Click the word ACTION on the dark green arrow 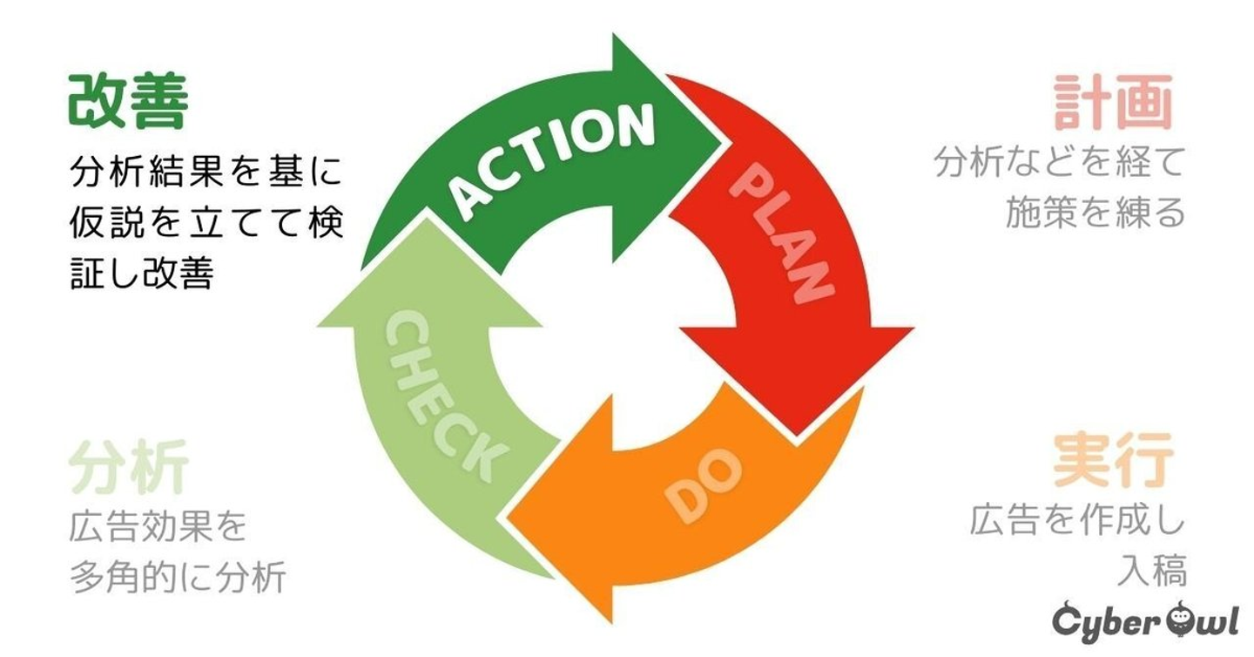click(555, 160)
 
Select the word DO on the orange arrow click(704, 484)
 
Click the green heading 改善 click(128, 102)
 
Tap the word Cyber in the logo click(1098, 622)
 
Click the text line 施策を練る click(1095, 212)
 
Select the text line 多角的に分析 click(178, 578)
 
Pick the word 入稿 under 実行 click(1151, 573)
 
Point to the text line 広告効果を click(158, 527)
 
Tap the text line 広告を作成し click(1077, 523)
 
